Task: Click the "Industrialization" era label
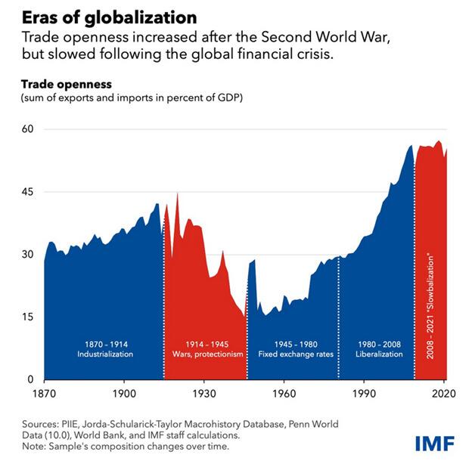[x=104, y=354]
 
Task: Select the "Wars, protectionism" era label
[x=205, y=354]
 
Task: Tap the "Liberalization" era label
[x=376, y=354]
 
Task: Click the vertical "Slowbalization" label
[x=430, y=305]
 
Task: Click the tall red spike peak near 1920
[x=177, y=195]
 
